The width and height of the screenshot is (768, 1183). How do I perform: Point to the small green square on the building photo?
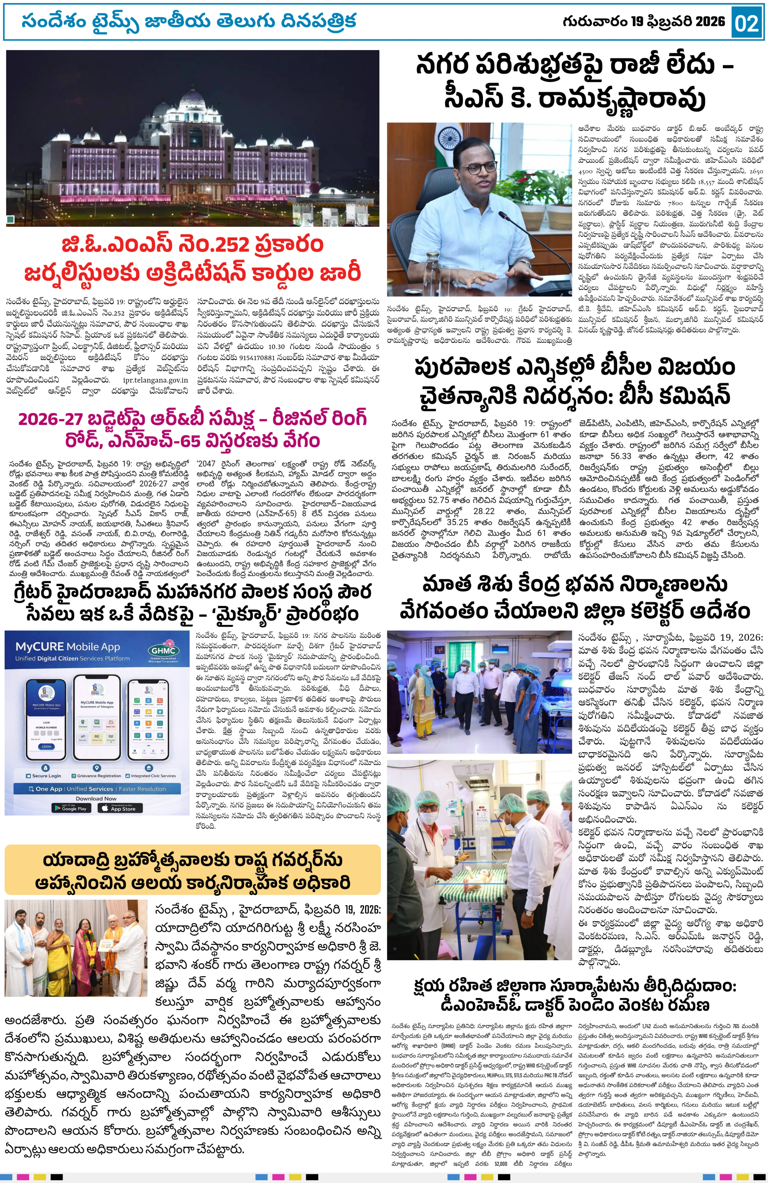coord(11,219)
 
